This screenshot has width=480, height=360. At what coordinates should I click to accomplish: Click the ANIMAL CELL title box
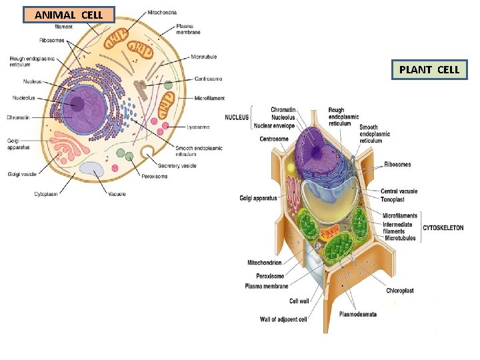tap(69, 15)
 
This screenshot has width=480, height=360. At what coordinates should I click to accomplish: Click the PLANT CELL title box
tap(429, 69)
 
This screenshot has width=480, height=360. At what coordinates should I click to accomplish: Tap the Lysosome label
tap(198, 127)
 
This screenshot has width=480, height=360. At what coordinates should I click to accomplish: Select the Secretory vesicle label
tap(177, 165)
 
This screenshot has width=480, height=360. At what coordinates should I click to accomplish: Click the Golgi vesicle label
tap(23, 174)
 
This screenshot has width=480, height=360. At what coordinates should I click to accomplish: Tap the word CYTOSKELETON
tap(443, 228)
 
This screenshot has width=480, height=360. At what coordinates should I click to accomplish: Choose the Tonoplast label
tap(395, 199)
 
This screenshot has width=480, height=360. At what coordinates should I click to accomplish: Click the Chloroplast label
tap(400, 291)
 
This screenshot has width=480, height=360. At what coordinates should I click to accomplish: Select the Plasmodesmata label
tap(358, 314)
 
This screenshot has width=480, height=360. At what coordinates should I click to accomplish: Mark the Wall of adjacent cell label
tap(283, 319)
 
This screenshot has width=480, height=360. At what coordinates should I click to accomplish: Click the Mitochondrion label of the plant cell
tap(265, 263)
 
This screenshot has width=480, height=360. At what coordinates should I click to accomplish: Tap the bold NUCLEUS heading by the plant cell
tap(237, 117)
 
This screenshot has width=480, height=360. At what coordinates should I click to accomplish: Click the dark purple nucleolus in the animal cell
tap(77, 104)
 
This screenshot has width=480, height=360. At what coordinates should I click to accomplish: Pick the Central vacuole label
tap(399, 191)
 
